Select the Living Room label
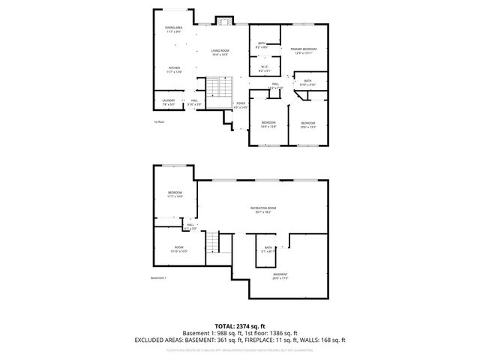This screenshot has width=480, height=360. tap(220, 52)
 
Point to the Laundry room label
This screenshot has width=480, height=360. tap(168, 100)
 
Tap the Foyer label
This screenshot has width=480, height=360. tap(241, 105)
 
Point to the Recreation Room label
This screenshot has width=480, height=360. tap(264, 209)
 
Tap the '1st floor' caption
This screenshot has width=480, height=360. tap(158, 121)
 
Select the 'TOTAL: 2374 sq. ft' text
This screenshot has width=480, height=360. tap(240, 325)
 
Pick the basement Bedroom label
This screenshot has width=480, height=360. tap(175, 194)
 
